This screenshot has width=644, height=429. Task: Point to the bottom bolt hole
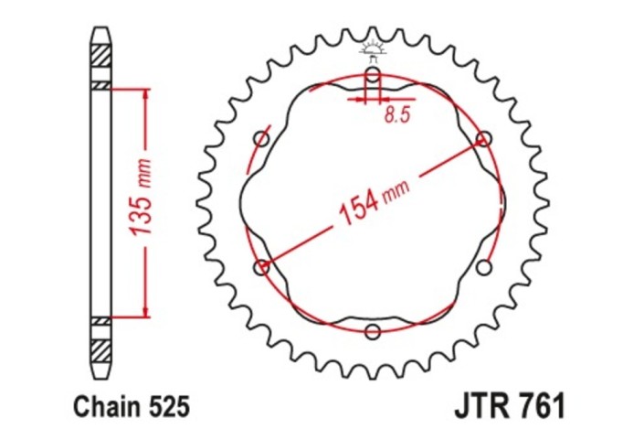[373, 331]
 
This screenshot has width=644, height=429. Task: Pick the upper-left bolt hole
[262, 139]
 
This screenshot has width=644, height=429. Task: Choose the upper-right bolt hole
[483, 139]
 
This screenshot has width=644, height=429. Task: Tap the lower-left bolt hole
[262, 267]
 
